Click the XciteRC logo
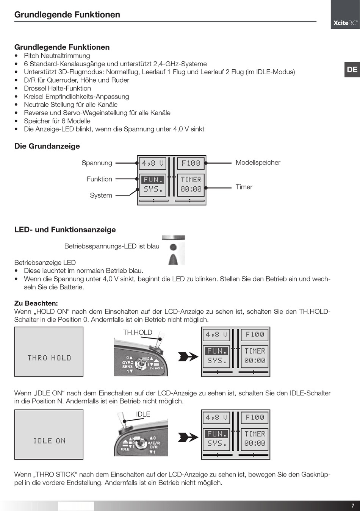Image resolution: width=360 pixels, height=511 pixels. [x=345, y=23]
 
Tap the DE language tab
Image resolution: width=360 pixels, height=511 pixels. [x=352, y=70]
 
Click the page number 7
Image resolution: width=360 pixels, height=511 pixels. [x=353, y=506]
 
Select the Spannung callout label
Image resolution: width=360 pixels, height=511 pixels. [x=97, y=163]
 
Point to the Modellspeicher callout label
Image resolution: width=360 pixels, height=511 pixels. [x=258, y=163]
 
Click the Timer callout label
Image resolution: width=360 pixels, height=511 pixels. [x=244, y=187]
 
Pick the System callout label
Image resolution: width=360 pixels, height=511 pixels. [x=101, y=195]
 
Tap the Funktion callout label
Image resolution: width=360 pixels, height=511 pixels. [x=99, y=179]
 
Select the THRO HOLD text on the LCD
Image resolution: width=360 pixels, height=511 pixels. [x=49, y=358]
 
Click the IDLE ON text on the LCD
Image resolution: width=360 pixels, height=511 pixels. [x=49, y=441]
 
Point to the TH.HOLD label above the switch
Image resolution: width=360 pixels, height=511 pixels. [x=138, y=333]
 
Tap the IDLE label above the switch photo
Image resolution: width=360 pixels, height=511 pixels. [x=143, y=414]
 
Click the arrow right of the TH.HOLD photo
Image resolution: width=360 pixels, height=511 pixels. [x=188, y=356]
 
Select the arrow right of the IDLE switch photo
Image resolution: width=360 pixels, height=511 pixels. [x=188, y=437]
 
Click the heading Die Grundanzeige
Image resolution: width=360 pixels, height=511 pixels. [x=47, y=146]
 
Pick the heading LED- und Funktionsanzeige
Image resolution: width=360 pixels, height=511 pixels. [x=65, y=230]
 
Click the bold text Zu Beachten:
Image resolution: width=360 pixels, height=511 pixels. [x=36, y=303]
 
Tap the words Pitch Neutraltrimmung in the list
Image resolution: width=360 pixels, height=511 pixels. [x=57, y=56]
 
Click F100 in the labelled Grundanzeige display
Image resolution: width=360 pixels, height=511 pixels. [x=191, y=163]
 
